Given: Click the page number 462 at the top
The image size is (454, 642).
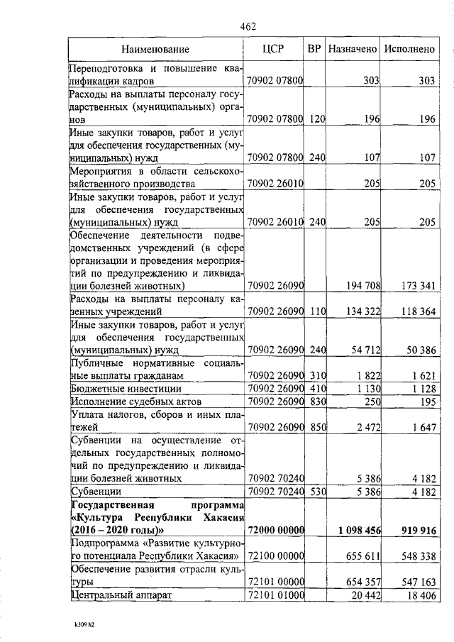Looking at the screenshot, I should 248,26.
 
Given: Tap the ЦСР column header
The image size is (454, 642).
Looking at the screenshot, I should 273,49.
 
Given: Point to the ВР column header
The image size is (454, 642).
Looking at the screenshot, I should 315,49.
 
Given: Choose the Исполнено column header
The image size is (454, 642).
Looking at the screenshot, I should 409,49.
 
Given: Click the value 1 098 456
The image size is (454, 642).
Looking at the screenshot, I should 360,530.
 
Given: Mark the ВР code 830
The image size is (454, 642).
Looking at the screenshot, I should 316,402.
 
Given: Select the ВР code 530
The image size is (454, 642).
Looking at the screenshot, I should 316,491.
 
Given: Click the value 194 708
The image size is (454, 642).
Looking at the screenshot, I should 363,285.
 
